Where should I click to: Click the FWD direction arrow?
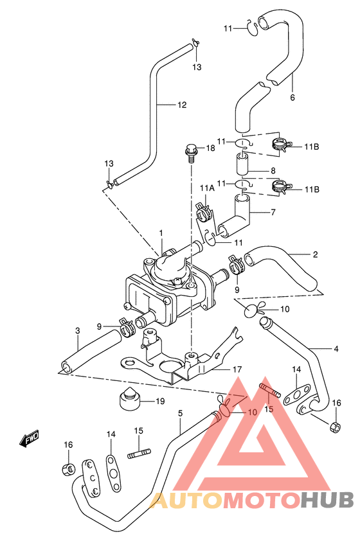pos(29,439)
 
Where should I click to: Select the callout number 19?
pos(160,402)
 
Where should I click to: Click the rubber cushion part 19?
pos(129,400)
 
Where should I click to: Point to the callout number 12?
pos(182,105)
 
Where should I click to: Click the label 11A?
pos(207,188)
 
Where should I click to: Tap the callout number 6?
pos(292,98)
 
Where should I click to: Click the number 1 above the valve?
pos(161,234)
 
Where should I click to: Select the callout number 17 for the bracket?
pos(237,369)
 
